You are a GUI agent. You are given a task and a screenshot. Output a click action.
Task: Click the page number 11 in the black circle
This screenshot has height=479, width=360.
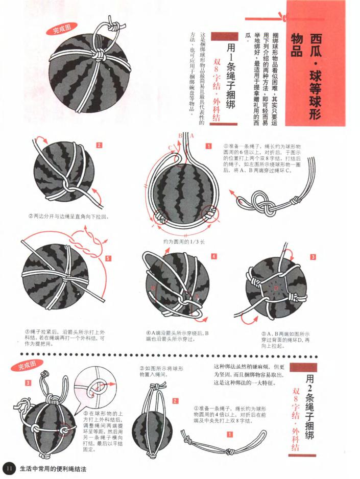point(9,468)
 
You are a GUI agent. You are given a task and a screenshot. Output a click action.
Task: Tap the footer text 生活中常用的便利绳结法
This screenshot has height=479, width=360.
point(53,468)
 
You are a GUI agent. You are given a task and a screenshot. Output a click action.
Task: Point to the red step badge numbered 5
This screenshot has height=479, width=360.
point(108,259)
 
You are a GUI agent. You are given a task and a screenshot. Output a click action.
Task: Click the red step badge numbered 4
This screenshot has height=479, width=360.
point(214,256)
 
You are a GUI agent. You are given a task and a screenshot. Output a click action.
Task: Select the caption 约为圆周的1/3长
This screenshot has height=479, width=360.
point(184,241)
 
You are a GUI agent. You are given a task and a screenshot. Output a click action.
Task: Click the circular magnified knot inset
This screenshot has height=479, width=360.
point(94,389)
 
